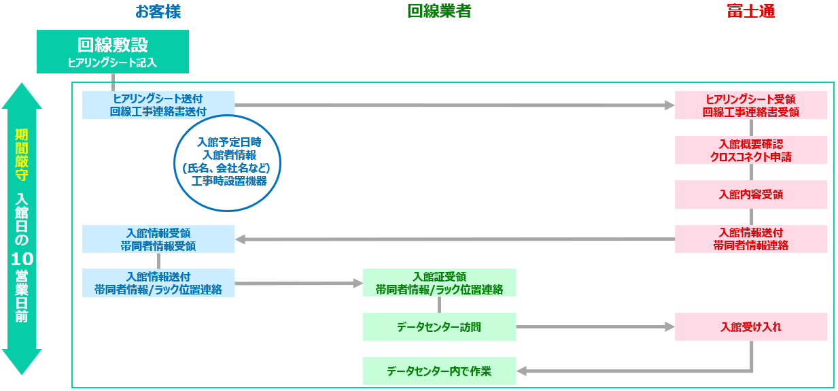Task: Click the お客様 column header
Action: tap(158, 12)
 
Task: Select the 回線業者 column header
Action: tap(439, 12)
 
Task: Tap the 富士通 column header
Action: tap(750, 12)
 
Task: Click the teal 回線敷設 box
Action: tap(112, 52)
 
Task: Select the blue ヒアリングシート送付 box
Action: tap(158, 105)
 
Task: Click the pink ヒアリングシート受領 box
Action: tap(750, 105)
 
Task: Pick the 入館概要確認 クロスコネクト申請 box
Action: tap(750, 150)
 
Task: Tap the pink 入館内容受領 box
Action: tap(750, 194)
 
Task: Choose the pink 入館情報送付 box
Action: tap(750, 239)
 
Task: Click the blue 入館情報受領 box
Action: tap(158, 239)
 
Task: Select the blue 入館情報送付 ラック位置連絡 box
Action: tap(158, 283)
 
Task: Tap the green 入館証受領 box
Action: tap(439, 283)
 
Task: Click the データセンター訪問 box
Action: tap(439, 327)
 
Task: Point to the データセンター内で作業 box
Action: tap(439, 371)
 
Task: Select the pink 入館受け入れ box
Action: tap(750, 327)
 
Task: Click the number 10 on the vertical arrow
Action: tap(21, 259)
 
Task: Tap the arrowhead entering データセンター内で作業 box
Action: tap(522, 371)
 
